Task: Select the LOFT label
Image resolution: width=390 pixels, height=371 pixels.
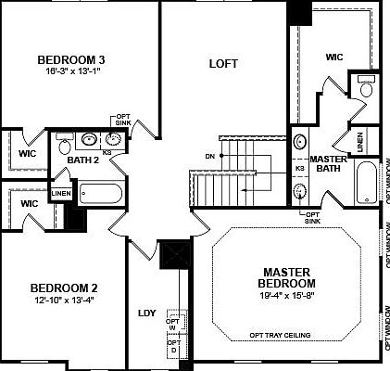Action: [223, 64]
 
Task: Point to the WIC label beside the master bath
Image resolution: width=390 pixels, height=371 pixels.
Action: [333, 58]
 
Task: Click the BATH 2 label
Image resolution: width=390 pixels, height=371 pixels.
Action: [83, 160]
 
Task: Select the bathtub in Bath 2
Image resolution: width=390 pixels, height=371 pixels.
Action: [98, 195]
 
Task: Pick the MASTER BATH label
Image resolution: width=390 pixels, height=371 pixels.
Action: [328, 163]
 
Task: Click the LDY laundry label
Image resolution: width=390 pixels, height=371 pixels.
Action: [146, 313]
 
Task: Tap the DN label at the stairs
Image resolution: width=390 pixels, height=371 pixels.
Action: [210, 154]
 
